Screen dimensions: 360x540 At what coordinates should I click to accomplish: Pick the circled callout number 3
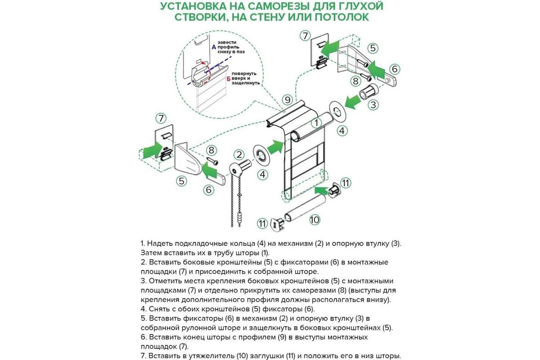(373, 106)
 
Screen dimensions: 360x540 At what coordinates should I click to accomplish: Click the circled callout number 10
(315, 220)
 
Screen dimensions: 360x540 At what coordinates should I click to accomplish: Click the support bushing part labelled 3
(369, 91)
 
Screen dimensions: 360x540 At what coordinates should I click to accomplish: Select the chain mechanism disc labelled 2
(238, 170)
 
